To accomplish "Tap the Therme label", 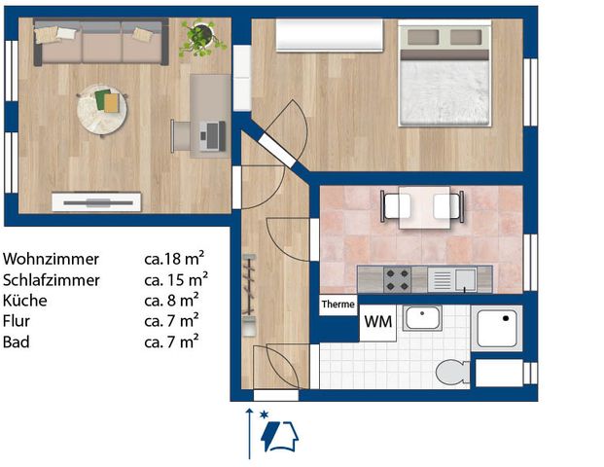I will pyautogui.click(x=338, y=304).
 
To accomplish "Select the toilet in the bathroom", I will pyautogui.click(x=451, y=372).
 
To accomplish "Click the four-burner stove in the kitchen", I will pyautogui.click(x=397, y=279).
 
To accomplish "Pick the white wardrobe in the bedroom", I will pyautogui.click(x=330, y=37).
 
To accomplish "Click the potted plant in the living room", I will pyautogui.click(x=202, y=36).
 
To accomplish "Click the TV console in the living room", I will pyautogui.click(x=96, y=202).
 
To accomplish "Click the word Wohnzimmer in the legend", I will pyautogui.click(x=52, y=260).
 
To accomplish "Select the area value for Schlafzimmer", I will pyautogui.click(x=173, y=280).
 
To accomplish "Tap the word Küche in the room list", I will pyautogui.click(x=24, y=301).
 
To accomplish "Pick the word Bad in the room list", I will pyautogui.click(x=15, y=342).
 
